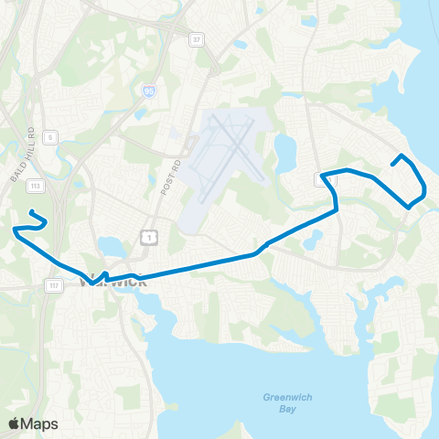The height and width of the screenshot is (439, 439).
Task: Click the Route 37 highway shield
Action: (196, 40)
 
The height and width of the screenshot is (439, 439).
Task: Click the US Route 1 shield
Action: (147, 237)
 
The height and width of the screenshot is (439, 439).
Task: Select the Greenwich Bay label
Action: (277, 403)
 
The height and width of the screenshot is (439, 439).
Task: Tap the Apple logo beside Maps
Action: (14, 423)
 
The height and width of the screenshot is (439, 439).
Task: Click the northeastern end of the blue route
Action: (392, 165)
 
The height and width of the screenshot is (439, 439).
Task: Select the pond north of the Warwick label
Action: (112, 247)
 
